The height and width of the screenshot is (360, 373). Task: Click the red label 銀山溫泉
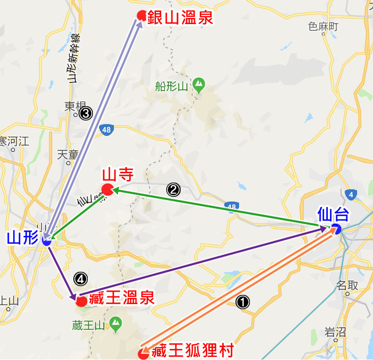click(x=180, y=18)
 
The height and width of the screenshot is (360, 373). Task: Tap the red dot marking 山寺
click(x=107, y=190)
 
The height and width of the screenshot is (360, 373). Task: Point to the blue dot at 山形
click(x=47, y=241)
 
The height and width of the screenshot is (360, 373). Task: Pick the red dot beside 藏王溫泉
click(x=81, y=302)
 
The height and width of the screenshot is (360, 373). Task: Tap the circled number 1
click(x=242, y=302)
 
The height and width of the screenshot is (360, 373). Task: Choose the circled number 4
click(x=81, y=278)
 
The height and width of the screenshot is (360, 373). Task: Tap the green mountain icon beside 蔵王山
click(x=116, y=324)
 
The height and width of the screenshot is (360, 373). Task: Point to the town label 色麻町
click(x=323, y=27)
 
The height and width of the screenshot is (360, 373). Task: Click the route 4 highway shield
click(x=351, y=194)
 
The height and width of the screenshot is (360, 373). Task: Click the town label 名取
click(x=347, y=285)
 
